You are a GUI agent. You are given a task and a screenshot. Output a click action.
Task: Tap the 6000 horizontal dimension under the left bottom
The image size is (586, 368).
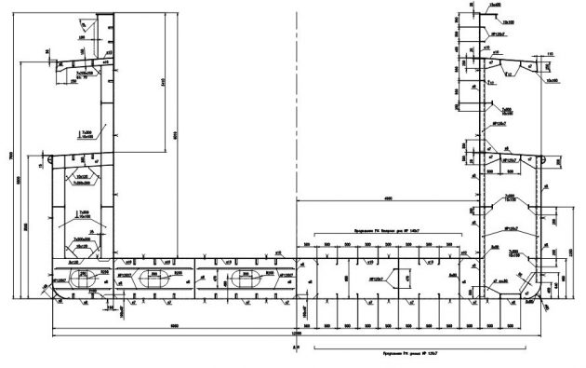click(175, 325)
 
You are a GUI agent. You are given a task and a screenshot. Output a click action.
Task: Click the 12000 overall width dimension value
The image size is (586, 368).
click(296, 334)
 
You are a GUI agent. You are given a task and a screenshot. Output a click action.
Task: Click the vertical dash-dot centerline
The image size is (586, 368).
click(296, 140)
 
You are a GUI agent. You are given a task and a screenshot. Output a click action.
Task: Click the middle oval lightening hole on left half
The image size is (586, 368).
click(153, 277)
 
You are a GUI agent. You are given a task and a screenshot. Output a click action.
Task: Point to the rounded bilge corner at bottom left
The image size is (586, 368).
click(54, 296)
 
